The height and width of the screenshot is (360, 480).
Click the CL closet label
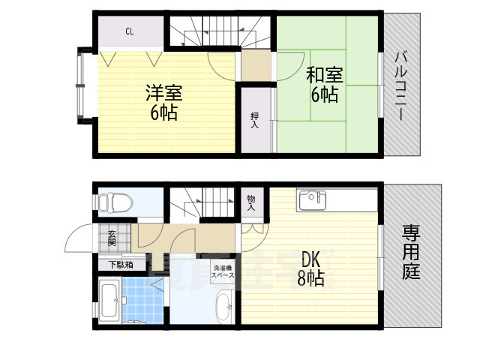(130, 31)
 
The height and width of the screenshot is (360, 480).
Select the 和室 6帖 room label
(324, 84)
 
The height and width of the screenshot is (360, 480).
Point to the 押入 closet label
(254, 119)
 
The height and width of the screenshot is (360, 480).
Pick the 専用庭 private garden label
(410, 253)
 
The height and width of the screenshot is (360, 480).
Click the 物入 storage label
(250, 202)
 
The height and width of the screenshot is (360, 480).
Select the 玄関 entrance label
(112, 238)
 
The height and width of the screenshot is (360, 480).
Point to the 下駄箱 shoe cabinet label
(120, 264)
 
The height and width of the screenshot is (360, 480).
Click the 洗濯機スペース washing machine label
(223, 271)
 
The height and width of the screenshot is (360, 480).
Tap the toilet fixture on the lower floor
(115, 202)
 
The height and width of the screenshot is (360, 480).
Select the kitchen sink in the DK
(310, 201)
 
